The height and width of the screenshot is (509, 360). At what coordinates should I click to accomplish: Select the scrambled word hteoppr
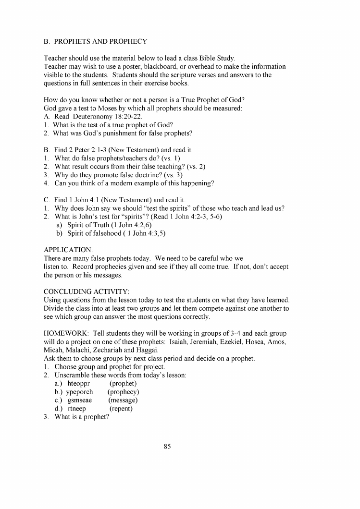79,383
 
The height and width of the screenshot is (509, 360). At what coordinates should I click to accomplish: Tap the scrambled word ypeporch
80,392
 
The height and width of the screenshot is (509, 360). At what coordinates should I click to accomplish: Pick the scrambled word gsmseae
80,400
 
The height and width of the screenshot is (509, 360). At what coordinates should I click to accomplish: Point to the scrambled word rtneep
77,409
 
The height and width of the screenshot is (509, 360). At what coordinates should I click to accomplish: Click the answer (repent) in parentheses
121,409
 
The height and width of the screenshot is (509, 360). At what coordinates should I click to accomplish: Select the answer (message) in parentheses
123,400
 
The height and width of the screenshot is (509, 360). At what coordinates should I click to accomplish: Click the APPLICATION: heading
68,250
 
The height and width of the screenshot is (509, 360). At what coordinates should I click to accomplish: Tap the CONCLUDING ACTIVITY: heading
87,291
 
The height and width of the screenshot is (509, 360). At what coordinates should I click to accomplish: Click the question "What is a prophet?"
82,417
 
